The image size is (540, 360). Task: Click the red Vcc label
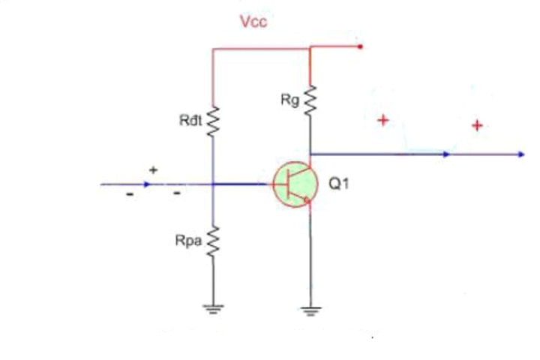coord(253,22)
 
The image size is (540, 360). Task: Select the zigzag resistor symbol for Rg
coord(310,100)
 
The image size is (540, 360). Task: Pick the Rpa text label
coord(189,242)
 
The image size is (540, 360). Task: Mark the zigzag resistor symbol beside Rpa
coord(213,241)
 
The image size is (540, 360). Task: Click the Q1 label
coord(339,184)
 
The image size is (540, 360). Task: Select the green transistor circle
coord(292,184)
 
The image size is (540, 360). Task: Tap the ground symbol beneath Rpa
coord(213,309)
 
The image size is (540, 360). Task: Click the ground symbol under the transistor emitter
coord(310,309)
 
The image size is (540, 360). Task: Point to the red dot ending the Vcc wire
coord(361,47)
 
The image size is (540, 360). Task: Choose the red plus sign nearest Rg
coord(382,120)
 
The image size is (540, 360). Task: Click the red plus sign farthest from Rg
coord(476,125)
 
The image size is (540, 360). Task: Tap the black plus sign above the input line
coord(153,170)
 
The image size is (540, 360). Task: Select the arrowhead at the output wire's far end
coord(520,154)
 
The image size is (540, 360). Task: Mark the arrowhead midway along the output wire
coord(447,154)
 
